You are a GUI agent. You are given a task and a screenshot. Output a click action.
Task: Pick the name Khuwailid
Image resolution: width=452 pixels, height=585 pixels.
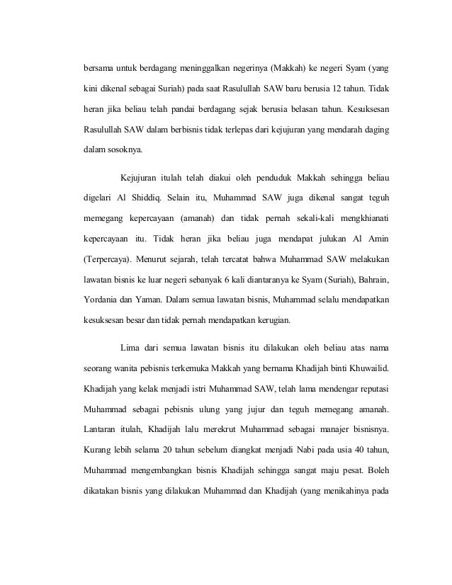(368, 368)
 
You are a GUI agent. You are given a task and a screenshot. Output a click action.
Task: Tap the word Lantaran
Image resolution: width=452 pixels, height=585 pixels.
(101, 428)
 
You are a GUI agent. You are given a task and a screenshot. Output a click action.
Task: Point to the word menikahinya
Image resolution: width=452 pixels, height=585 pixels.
(337, 489)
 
